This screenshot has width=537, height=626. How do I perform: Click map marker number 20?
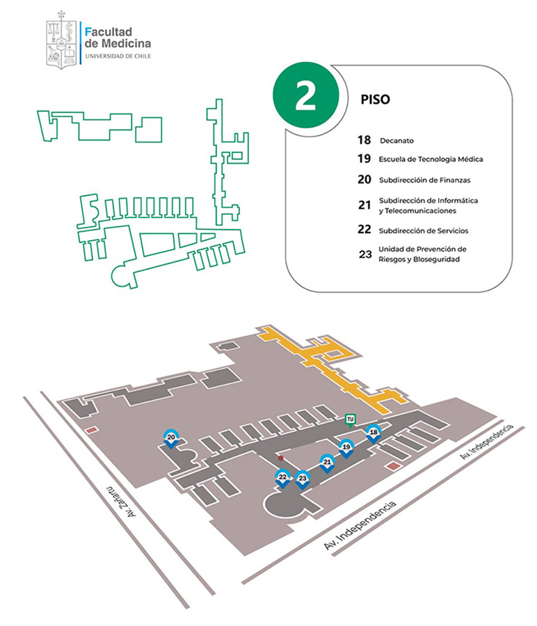click(x=171, y=438)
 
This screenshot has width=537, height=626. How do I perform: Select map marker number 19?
click(x=346, y=447)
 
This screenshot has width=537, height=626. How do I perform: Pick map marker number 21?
click(x=327, y=463)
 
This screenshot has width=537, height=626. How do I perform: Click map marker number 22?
click(x=282, y=478)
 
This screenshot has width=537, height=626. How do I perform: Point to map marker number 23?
click(x=302, y=479)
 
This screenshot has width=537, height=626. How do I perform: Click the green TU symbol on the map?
click(x=351, y=419)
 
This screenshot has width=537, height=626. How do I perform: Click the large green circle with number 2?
click(x=305, y=97)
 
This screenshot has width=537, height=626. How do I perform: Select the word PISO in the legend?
click(x=376, y=99)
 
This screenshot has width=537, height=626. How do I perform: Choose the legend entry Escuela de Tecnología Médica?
click(x=431, y=159)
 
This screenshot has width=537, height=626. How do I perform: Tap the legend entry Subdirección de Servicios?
click(x=424, y=230)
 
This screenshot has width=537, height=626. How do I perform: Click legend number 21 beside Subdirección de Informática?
click(x=364, y=205)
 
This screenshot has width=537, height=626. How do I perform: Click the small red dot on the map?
click(x=280, y=459)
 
